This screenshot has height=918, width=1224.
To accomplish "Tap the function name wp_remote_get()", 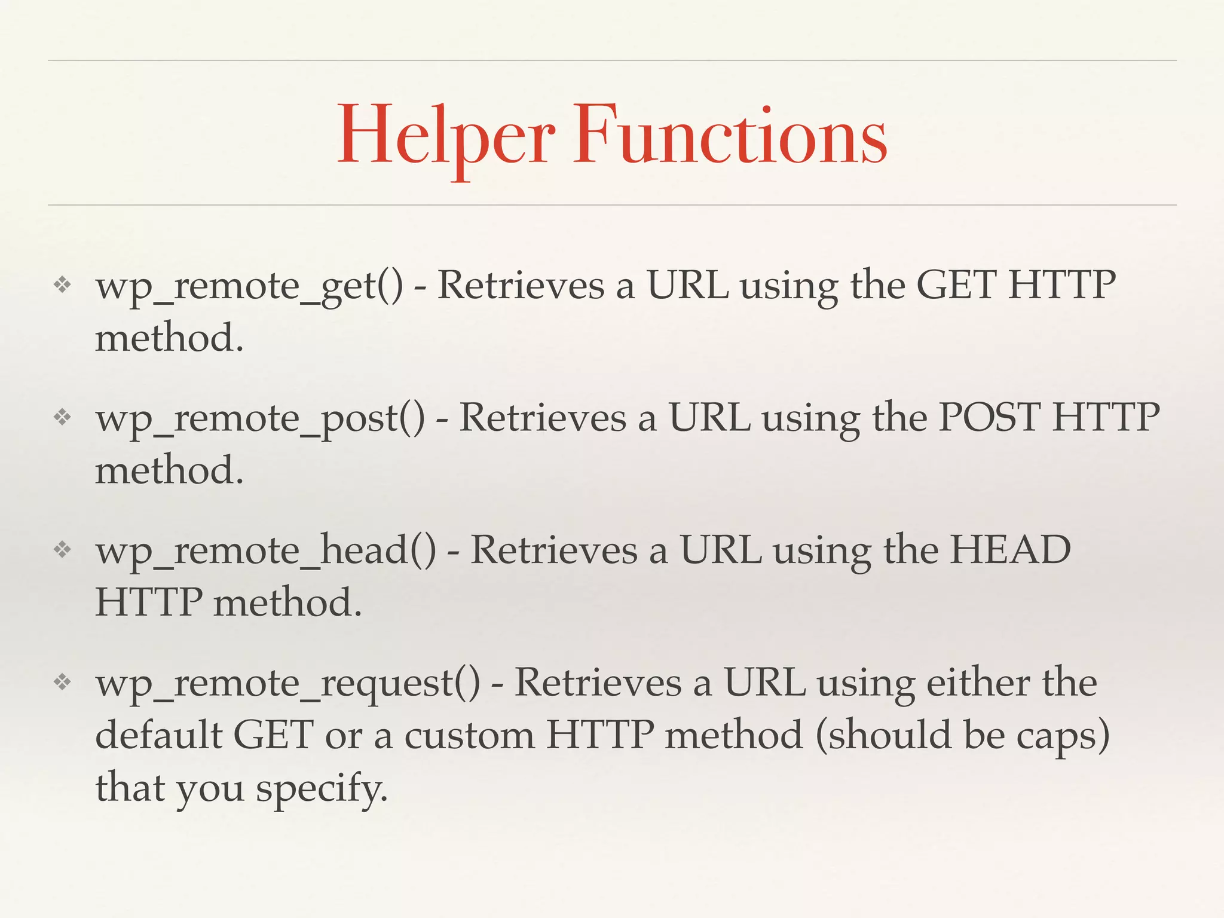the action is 249,286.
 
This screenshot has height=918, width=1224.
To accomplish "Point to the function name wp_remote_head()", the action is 265,550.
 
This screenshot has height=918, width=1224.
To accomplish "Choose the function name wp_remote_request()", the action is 287,683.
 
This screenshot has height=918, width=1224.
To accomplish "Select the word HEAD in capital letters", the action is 1010,550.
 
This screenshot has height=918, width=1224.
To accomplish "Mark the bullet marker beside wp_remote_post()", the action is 62,417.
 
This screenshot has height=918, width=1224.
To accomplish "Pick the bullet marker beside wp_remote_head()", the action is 62,550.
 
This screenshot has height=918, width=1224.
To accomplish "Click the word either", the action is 978,683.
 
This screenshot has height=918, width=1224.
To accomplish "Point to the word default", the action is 158,735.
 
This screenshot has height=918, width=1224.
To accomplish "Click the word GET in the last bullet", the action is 273,735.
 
